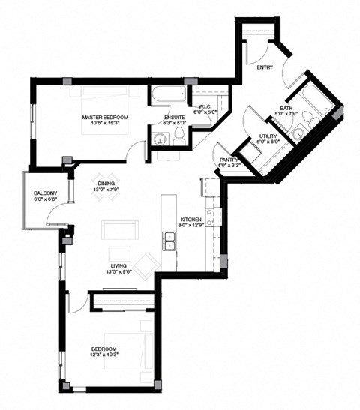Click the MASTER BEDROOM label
pyautogui.click(x=105, y=118)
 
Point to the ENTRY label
pyautogui.click(x=265, y=67)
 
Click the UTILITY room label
pyautogui.click(x=268, y=136)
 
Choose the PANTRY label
pyautogui.click(x=229, y=160)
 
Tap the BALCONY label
pyautogui.click(x=45, y=194)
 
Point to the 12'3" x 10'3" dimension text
pyautogui.click(x=104, y=355)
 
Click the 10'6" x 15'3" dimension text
pyautogui.click(x=105, y=124)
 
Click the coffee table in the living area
pyautogui.click(x=119, y=251)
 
